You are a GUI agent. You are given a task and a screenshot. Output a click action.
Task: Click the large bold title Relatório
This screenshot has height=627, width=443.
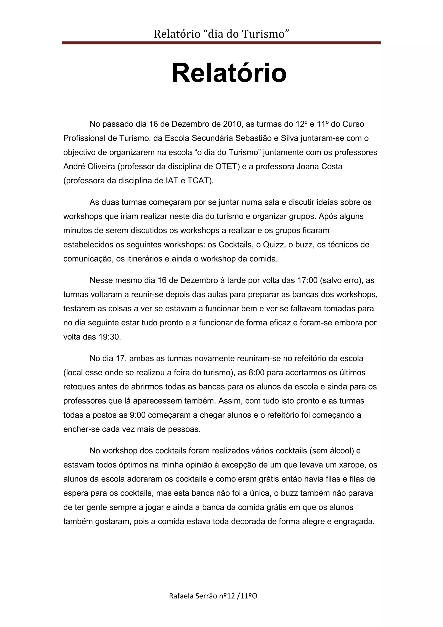tap(229, 73)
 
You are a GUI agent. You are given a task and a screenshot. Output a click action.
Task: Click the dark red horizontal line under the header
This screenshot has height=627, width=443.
tap(221, 43)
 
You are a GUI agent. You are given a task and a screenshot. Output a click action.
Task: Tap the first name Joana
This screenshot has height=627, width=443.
tap(307, 166)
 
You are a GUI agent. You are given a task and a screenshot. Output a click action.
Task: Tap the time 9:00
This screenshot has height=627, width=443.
tap(138, 415)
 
